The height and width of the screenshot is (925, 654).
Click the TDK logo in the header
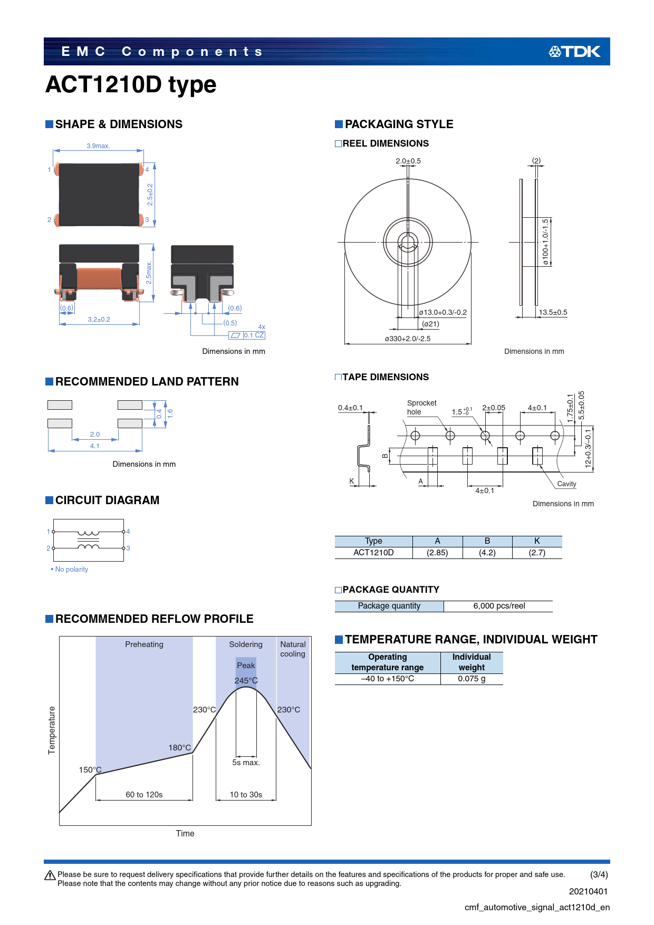tap(574, 52)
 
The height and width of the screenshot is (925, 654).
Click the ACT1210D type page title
tap(131, 84)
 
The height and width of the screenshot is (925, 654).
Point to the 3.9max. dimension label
tap(98, 146)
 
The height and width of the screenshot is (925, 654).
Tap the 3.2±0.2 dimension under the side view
tap(99, 320)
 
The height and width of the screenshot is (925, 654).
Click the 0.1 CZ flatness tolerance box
tap(247, 335)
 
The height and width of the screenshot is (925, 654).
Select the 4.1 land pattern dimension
tap(95, 446)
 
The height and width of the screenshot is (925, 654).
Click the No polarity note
tap(70, 570)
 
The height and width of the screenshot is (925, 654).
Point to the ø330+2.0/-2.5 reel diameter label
tap(408, 339)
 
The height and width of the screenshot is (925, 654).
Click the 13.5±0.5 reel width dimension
tap(553, 312)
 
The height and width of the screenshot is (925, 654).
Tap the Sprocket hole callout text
tap(421, 407)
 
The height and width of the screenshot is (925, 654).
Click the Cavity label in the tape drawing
tap(566, 484)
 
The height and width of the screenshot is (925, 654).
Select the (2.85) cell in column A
tap(437, 553)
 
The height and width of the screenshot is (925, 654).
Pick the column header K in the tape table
tap(537, 541)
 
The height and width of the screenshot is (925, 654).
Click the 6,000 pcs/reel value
tap(499, 606)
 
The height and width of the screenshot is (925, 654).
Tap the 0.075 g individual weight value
tap(472, 679)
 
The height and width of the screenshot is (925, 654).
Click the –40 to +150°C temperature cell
tap(388, 679)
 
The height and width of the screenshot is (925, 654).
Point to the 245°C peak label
tap(246, 681)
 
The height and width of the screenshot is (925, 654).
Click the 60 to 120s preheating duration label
tap(144, 795)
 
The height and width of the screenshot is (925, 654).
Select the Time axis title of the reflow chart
tap(185, 833)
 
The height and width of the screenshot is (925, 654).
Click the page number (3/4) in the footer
tap(599, 874)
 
